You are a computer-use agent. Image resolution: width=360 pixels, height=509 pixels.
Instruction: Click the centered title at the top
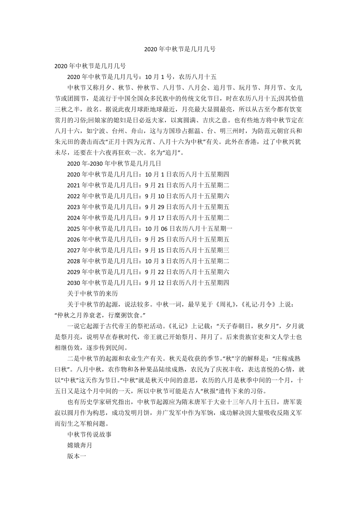pos(180,50)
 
